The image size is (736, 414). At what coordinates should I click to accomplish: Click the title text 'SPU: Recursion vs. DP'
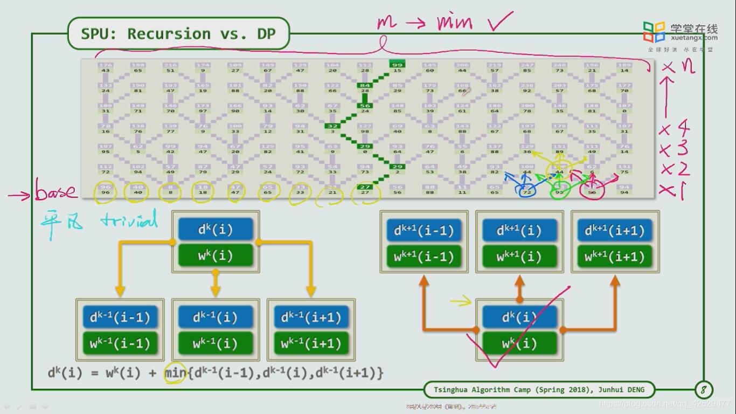178,34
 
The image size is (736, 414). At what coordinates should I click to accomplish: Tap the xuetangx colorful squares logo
654,32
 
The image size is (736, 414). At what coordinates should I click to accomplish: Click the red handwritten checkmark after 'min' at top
501,21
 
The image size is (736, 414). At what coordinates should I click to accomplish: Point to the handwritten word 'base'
56,192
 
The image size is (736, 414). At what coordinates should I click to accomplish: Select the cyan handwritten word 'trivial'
129,220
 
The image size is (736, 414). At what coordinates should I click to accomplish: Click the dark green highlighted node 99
397,65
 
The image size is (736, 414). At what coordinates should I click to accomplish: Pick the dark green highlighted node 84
365,85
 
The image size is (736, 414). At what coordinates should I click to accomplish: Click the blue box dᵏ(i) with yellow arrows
216,229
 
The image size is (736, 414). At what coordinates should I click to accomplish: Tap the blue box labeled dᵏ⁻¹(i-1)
120,317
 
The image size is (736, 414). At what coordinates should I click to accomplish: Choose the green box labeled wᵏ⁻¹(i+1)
311,343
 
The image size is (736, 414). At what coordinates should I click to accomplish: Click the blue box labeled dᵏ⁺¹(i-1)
423,231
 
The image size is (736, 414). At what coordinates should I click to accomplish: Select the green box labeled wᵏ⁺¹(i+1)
615,257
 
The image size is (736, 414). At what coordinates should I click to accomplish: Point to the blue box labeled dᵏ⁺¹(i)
519,231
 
